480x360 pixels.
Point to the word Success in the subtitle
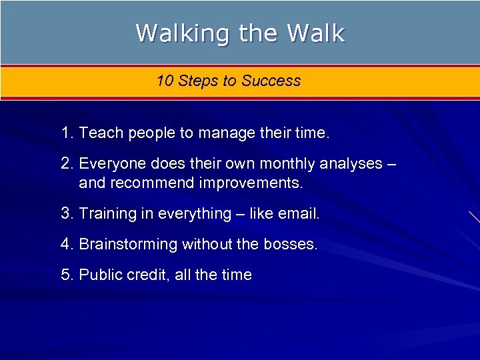[x=271, y=81]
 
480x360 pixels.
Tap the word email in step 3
[x=298, y=214]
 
